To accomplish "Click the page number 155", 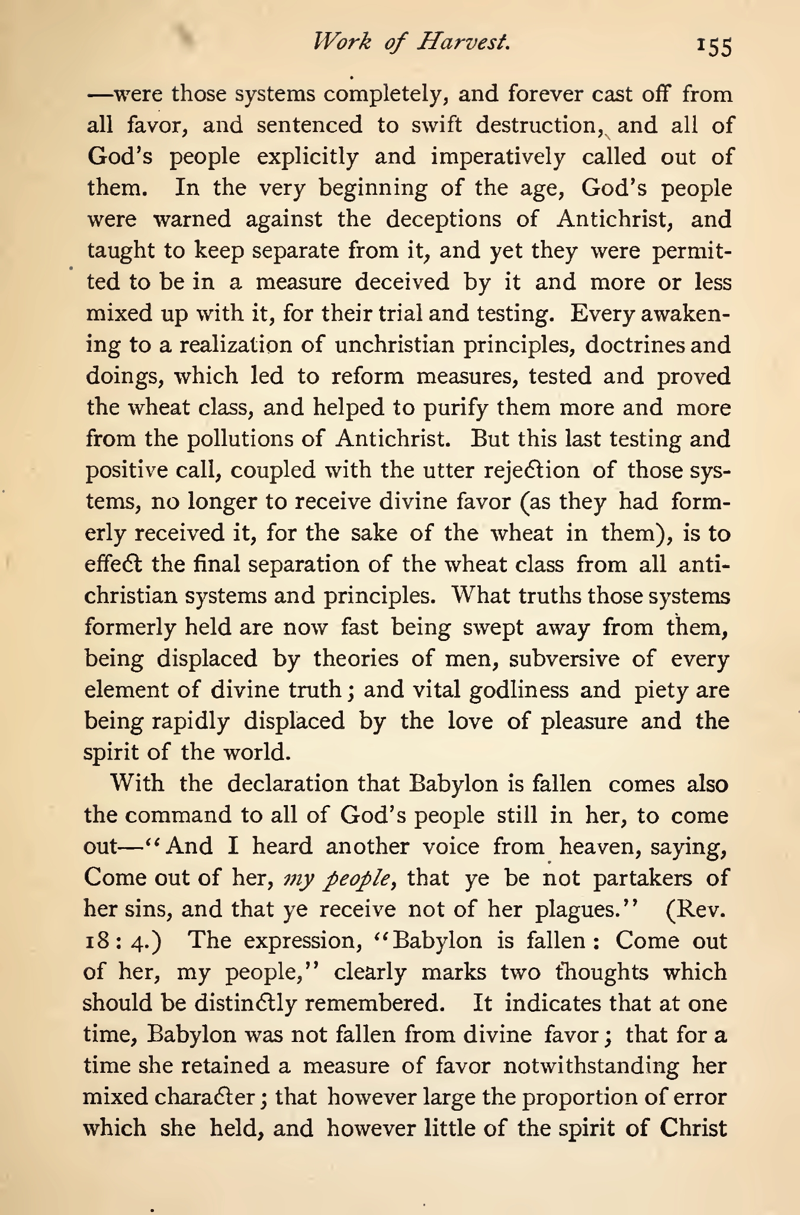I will tap(715, 46).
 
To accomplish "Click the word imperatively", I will tap(497, 158).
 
